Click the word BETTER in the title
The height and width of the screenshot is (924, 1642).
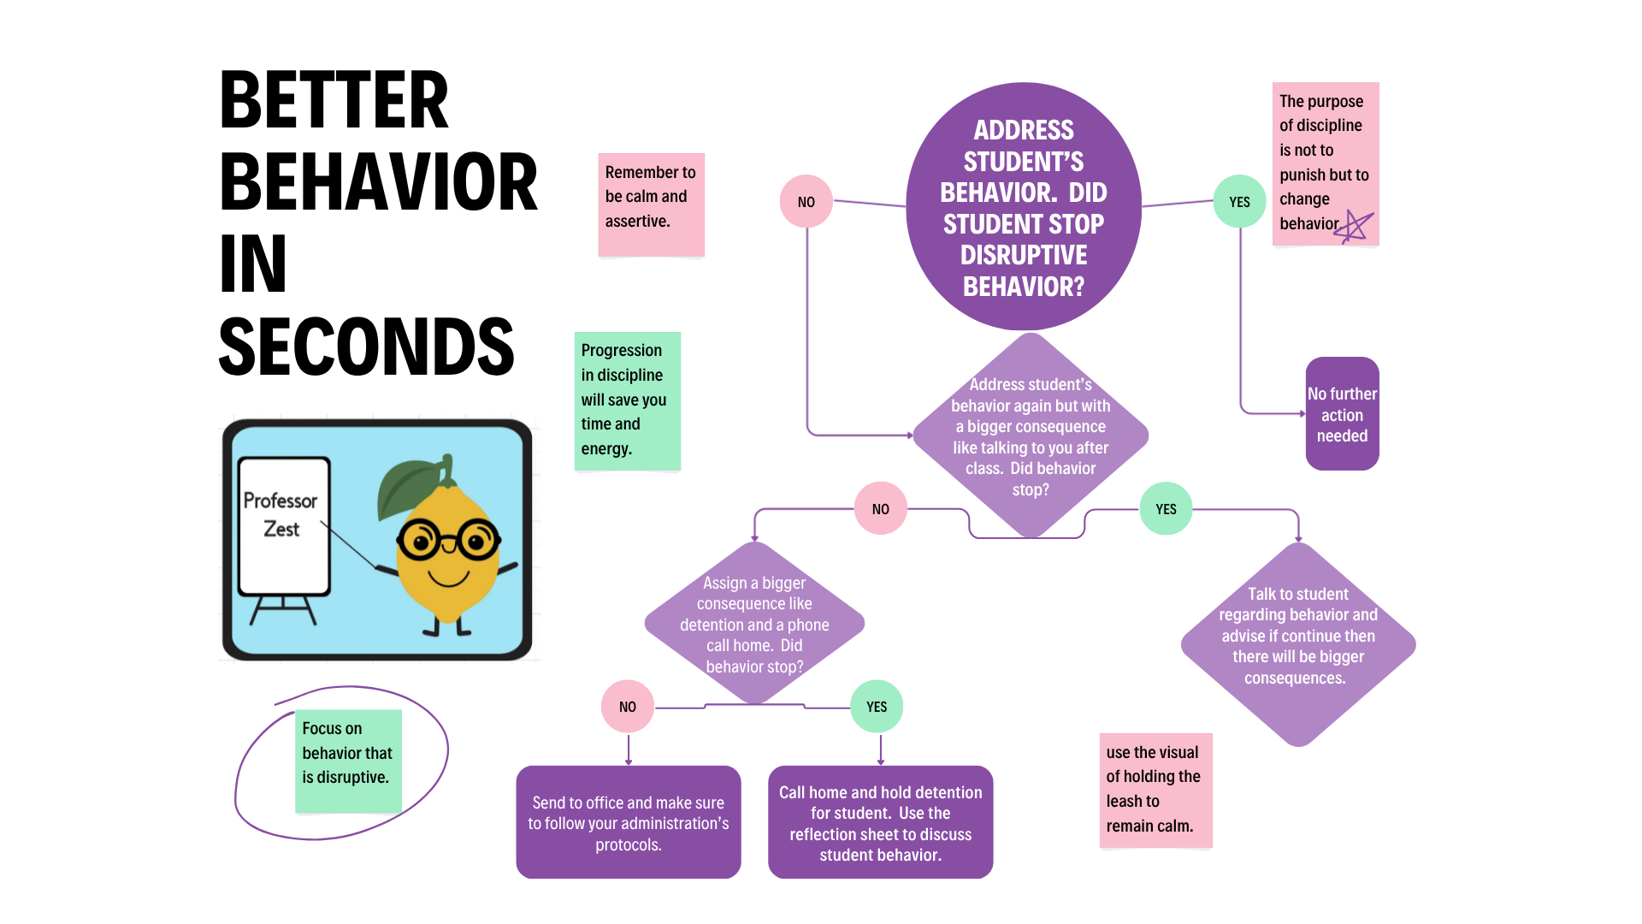click(x=334, y=101)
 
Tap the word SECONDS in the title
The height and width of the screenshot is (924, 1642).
click(x=366, y=347)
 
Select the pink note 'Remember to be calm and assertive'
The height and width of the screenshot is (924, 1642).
click(x=651, y=204)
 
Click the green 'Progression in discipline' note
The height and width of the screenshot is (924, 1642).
click(x=627, y=400)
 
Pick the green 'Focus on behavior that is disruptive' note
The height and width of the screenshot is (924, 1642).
click(x=348, y=760)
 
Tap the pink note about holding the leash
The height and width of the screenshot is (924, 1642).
click(x=1155, y=790)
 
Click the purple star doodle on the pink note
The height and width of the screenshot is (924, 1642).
click(x=1356, y=227)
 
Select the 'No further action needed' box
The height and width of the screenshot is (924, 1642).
click(x=1342, y=414)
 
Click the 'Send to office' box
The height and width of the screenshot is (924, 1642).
click(x=628, y=822)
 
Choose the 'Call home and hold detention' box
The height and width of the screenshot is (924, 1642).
click(x=880, y=822)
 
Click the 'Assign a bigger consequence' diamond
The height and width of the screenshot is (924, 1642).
click(x=754, y=624)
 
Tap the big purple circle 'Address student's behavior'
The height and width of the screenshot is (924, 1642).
click(x=1023, y=207)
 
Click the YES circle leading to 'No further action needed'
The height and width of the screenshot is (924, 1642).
click(x=1239, y=202)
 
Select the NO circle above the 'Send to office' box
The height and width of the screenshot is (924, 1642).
click(x=628, y=707)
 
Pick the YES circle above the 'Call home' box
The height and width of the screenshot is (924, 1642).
click(x=877, y=707)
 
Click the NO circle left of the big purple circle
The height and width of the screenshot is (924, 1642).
click(x=806, y=202)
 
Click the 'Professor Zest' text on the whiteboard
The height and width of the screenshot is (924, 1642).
click(x=281, y=514)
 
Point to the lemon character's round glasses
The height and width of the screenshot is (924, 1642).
click(x=448, y=541)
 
